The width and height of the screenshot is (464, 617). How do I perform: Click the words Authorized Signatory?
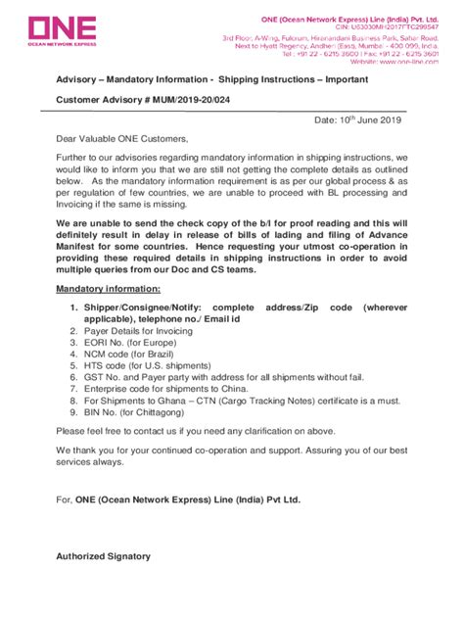pyautogui.click(x=104, y=556)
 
